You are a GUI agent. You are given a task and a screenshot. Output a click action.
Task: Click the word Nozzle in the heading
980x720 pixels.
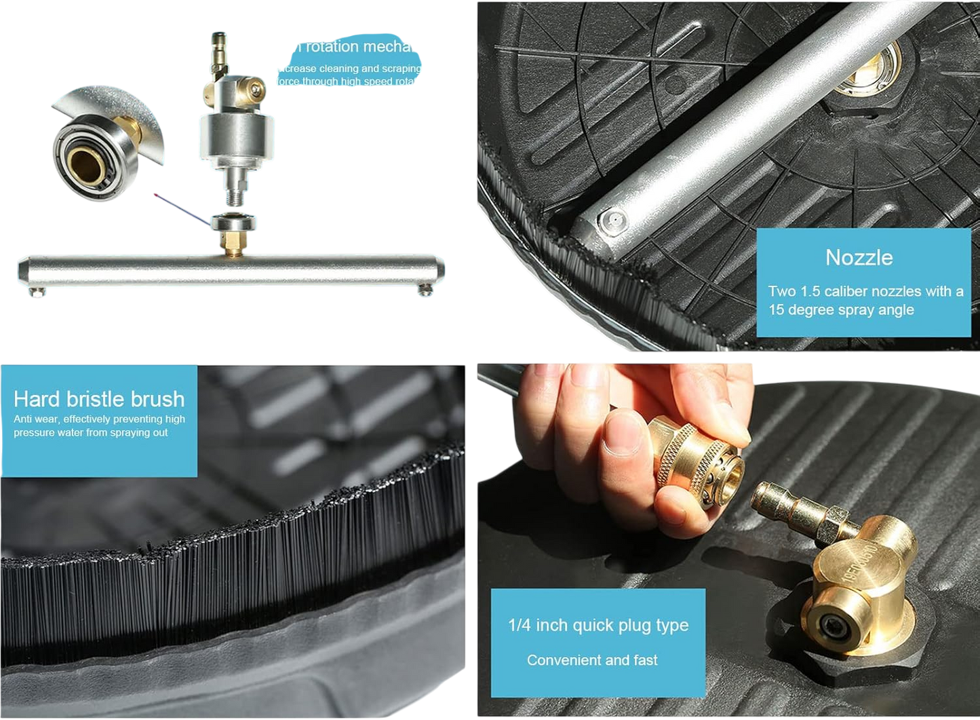click(859, 258)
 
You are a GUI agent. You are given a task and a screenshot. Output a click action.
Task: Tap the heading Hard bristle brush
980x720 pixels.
click(99, 399)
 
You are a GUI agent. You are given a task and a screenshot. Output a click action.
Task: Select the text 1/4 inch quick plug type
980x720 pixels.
click(598, 625)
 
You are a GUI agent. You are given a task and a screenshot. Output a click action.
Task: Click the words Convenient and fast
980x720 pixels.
click(592, 660)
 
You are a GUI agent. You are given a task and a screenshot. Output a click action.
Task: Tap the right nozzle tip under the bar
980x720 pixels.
click(426, 292)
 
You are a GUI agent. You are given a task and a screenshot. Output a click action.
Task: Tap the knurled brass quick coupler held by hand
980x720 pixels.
click(699, 461)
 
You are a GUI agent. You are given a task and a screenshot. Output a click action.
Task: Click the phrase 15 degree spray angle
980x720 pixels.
click(841, 310)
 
